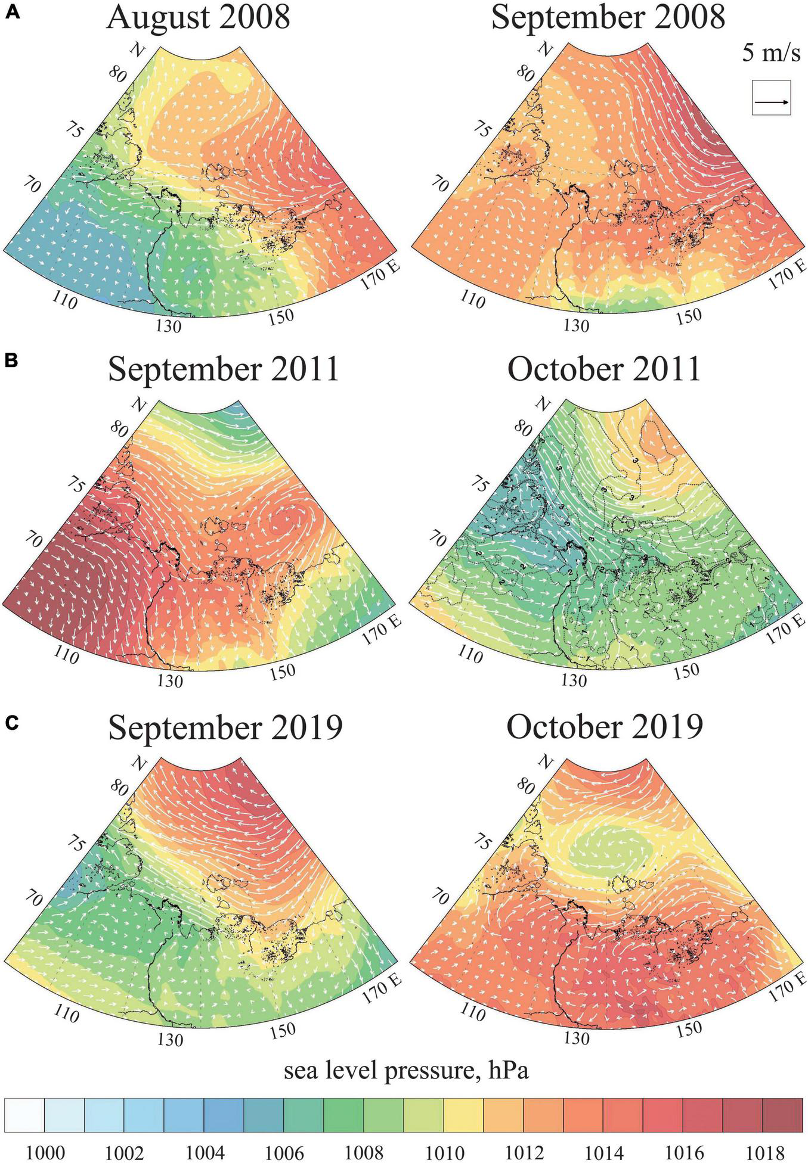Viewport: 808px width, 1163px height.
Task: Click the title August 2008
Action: pos(199,17)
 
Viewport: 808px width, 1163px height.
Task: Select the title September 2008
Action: pos(608,17)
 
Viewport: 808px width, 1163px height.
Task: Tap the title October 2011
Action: pos(604,369)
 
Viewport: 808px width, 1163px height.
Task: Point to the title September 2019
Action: pos(225,727)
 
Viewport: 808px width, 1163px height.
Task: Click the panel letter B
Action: pos(12,361)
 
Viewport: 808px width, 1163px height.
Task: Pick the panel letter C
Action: pos(12,723)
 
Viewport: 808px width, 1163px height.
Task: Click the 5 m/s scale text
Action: pos(771,54)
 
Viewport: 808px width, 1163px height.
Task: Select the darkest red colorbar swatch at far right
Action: pos(782,1115)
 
